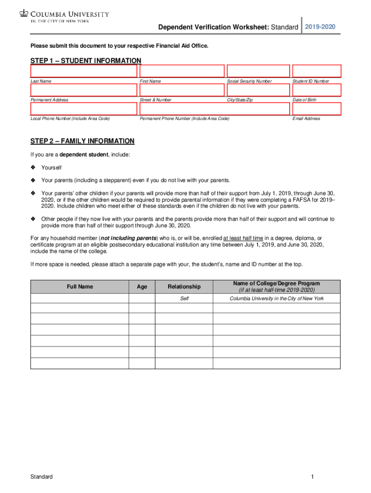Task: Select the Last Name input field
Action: click(84, 71)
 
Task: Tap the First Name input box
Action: click(182, 71)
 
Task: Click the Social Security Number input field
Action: click(258, 71)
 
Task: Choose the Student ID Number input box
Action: click(317, 71)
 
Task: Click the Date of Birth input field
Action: click(317, 90)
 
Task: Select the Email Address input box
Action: click(317, 109)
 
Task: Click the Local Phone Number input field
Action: click(84, 109)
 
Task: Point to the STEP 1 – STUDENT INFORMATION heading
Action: click(86, 61)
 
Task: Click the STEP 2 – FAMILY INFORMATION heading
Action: click(82, 141)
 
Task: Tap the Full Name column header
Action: click(80, 287)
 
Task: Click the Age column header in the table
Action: click(142, 287)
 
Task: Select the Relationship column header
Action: click(184, 287)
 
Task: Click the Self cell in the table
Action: click(184, 299)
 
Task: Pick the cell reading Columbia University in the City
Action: click(277, 299)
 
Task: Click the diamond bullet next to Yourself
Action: click(33, 168)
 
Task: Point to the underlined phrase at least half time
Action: click(243, 238)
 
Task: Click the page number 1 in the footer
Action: click(313, 477)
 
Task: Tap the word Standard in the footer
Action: click(41, 477)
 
